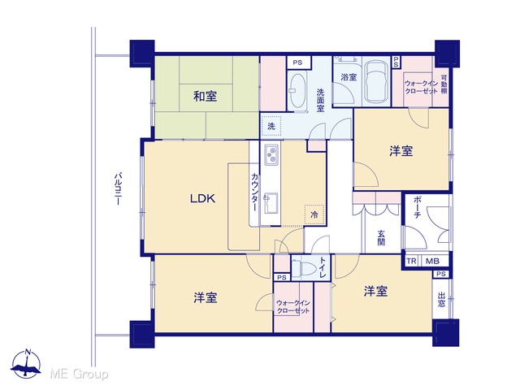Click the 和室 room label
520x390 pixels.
tap(206, 97)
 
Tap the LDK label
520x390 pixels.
tap(202, 198)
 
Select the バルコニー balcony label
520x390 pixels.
tap(118, 188)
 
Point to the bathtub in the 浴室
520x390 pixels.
tap(376, 82)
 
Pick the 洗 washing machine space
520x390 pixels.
tap(271, 126)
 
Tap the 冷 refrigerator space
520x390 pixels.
tap(314, 214)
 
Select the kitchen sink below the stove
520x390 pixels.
tap(271, 203)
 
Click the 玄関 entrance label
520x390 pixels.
tap(381, 237)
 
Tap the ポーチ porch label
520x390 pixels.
tap(418, 208)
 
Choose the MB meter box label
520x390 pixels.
tap(432, 261)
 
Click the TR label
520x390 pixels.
tap(411, 261)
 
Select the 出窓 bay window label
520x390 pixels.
tap(441, 300)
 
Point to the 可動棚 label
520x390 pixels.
tap(444, 84)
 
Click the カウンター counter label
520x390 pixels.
tap(254, 192)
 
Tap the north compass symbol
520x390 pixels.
tap(26, 364)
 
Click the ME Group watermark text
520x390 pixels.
tap(79, 374)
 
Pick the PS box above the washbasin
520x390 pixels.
tap(297, 63)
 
